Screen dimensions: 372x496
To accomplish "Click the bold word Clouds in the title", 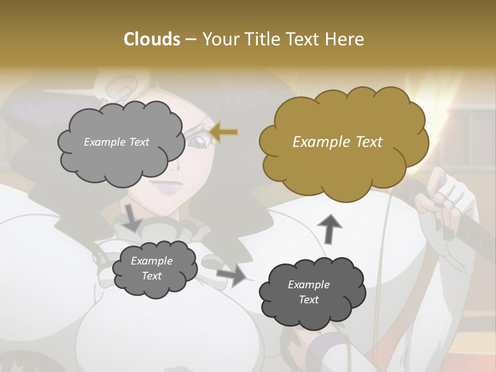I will point(151,39).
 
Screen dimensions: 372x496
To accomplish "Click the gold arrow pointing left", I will point(224,132).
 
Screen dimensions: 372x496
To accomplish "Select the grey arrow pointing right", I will point(232,275).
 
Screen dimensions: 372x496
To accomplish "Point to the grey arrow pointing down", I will point(132,218).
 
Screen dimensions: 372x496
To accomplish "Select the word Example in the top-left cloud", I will point(104,142).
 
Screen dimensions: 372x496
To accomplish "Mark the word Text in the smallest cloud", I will point(151,276).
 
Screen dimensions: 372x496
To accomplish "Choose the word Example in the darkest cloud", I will point(308,285).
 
